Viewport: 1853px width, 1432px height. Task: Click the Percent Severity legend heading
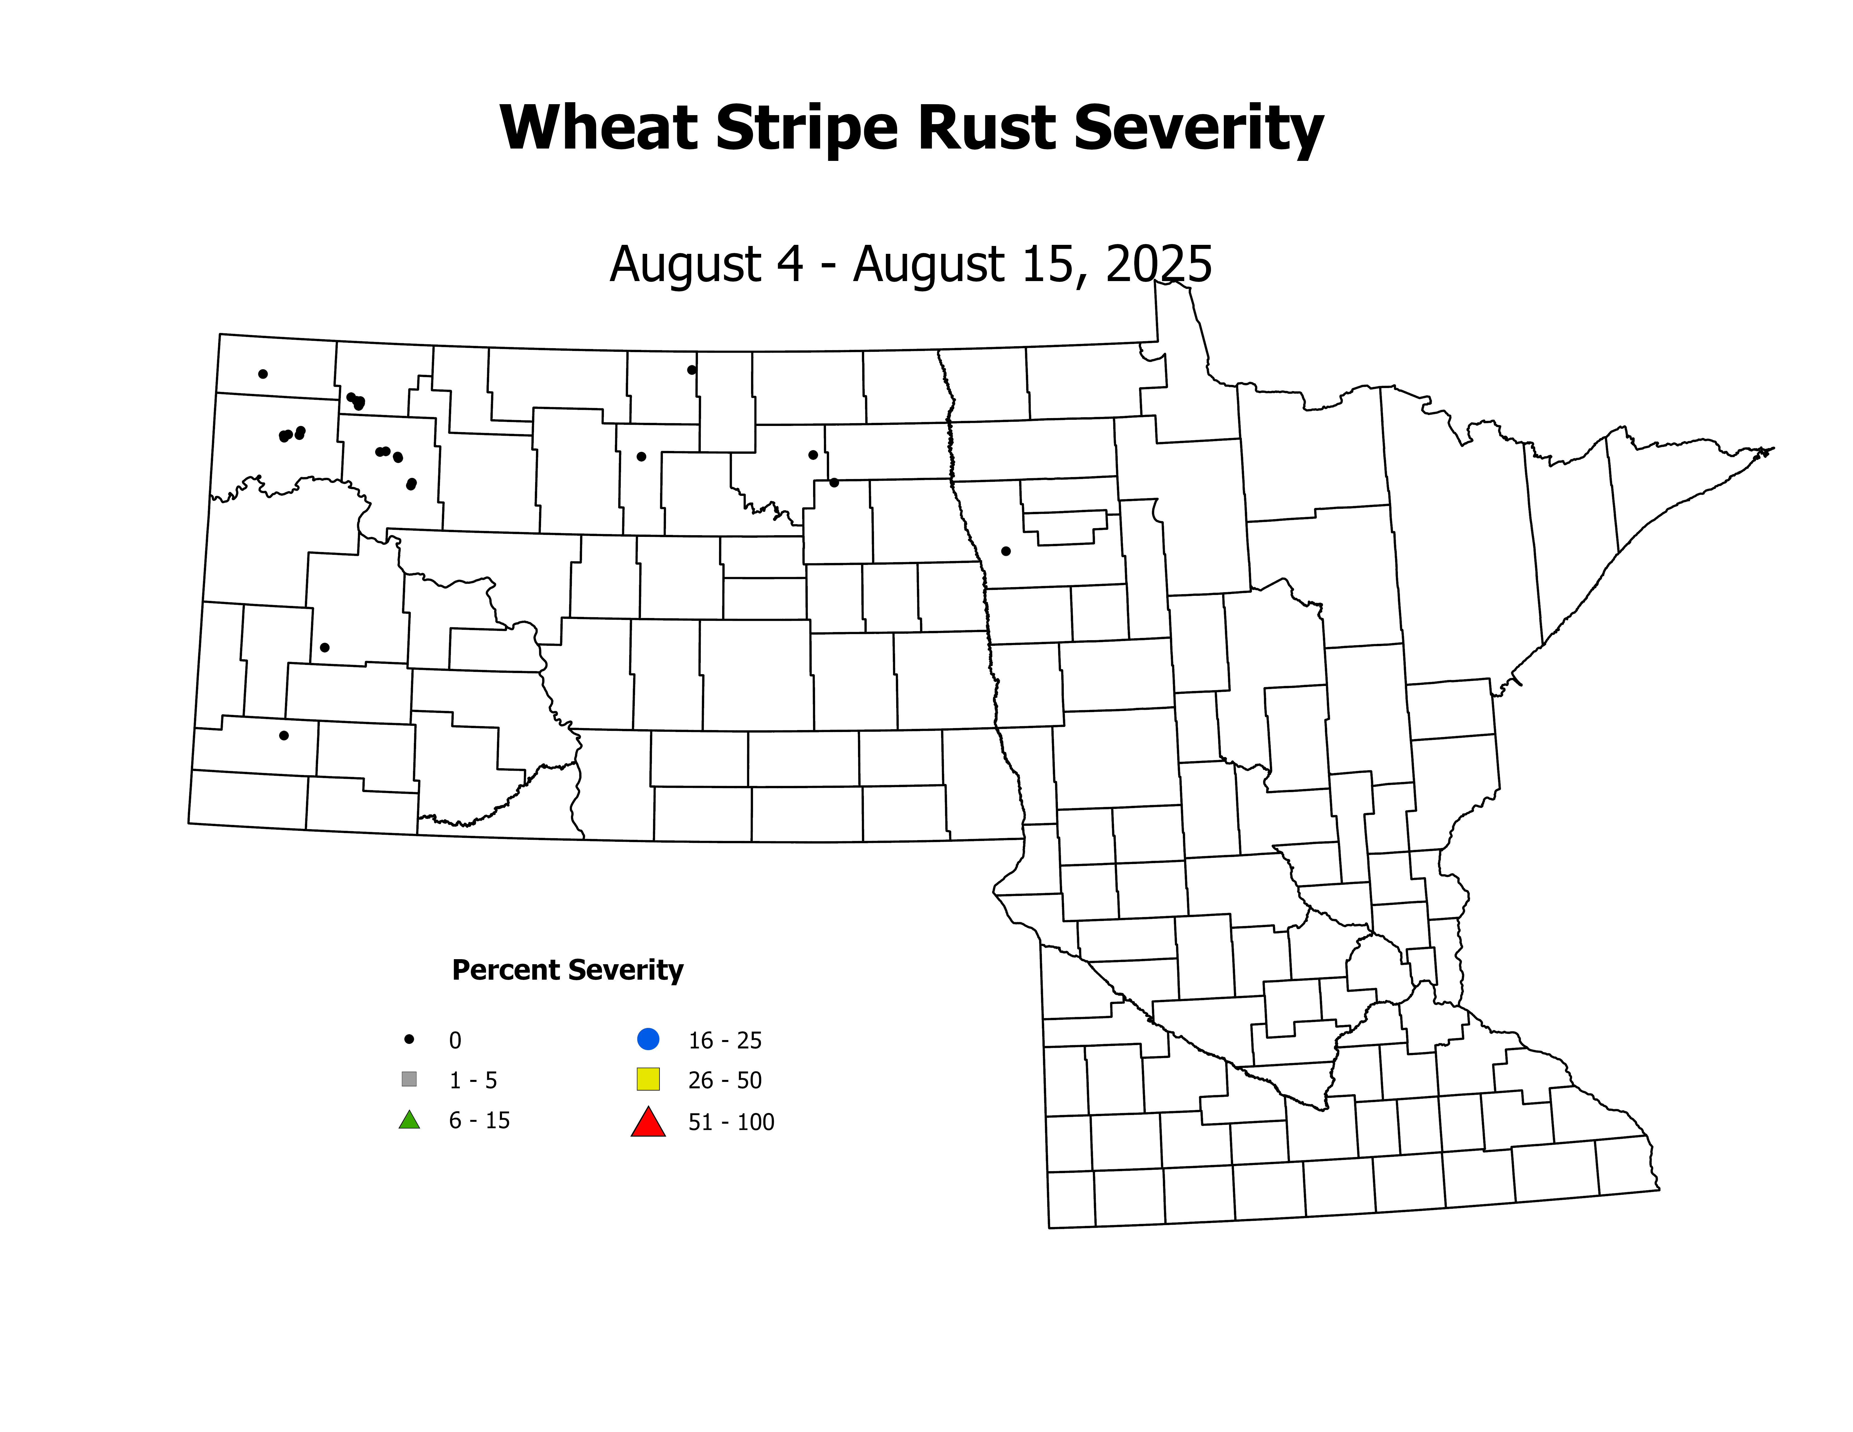tap(567, 970)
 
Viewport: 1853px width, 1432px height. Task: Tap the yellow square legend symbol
tap(648, 1079)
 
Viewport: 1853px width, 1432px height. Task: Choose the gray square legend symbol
tap(409, 1079)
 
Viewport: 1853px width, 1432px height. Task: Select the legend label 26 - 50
tap(725, 1080)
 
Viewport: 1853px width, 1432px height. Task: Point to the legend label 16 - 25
tap(725, 1040)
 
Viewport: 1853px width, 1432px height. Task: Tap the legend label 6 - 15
tap(479, 1121)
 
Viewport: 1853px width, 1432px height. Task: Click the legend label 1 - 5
tap(473, 1080)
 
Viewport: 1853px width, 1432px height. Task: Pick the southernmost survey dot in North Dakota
tap(284, 735)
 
